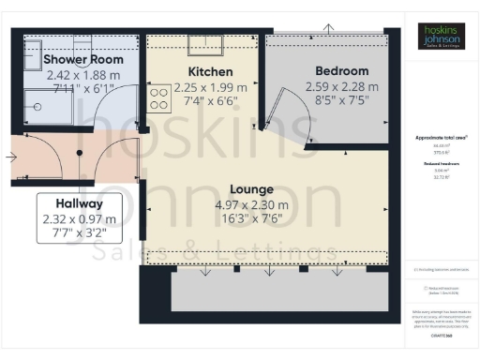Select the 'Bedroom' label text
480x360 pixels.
[341, 71]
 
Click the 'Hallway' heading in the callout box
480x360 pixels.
[79, 203]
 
